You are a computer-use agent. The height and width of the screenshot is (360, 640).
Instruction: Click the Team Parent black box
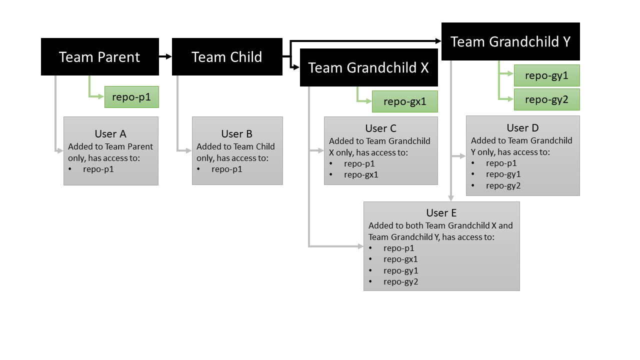click(99, 57)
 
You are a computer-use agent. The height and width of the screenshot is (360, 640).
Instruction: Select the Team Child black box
click(226, 57)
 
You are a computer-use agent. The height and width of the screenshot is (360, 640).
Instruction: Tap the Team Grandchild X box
click(368, 67)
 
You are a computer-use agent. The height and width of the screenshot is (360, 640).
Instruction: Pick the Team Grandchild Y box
click(510, 41)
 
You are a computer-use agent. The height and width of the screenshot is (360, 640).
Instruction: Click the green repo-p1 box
click(131, 97)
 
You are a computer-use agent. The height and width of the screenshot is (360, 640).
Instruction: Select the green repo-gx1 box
click(404, 101)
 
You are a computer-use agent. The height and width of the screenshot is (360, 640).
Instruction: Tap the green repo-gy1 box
click(546, 75)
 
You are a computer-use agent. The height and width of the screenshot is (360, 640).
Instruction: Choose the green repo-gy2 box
click(546, 99)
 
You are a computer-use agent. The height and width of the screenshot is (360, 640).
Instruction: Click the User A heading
click(110, 134)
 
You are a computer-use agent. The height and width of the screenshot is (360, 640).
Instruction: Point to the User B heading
click(237, 134)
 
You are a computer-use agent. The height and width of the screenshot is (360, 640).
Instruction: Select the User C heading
click(380, 128)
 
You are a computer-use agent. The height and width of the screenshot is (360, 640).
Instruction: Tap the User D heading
click(522, 128)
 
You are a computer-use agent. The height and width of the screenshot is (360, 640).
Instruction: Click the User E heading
click(441, 213)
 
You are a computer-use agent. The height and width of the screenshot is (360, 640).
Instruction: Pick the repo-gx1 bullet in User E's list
click(400, 259)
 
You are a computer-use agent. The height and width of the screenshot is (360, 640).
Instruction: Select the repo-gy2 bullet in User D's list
click(502, 185)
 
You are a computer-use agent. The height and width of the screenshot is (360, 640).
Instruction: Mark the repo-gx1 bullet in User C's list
click(360, 174)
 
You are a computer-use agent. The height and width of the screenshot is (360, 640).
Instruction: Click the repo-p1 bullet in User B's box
click(226, 169)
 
